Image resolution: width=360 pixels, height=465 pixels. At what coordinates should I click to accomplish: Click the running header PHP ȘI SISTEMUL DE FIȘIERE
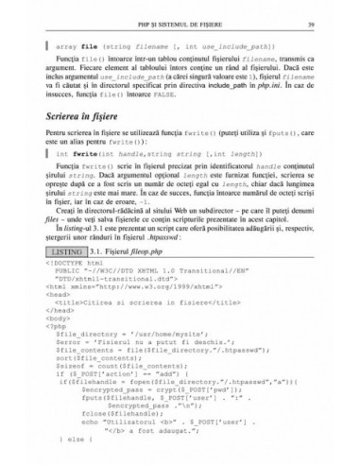(x=180, y=23)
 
